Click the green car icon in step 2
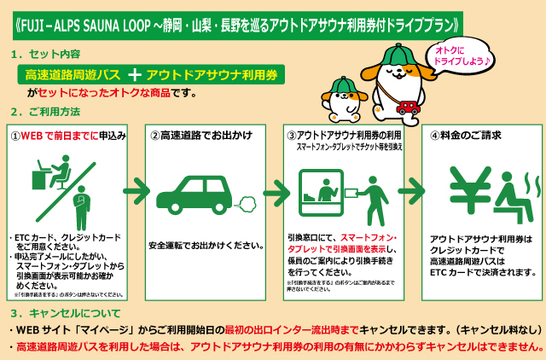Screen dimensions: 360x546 (195, 193)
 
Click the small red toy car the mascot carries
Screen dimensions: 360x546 (408, 107)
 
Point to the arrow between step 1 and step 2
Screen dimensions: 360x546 (132, 188)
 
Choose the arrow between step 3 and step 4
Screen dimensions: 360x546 (409, 188)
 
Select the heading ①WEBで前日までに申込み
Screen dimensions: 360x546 (68, 135)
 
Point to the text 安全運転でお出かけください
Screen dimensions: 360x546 (206, 245)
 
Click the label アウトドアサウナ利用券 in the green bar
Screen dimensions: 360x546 (212, 74)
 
